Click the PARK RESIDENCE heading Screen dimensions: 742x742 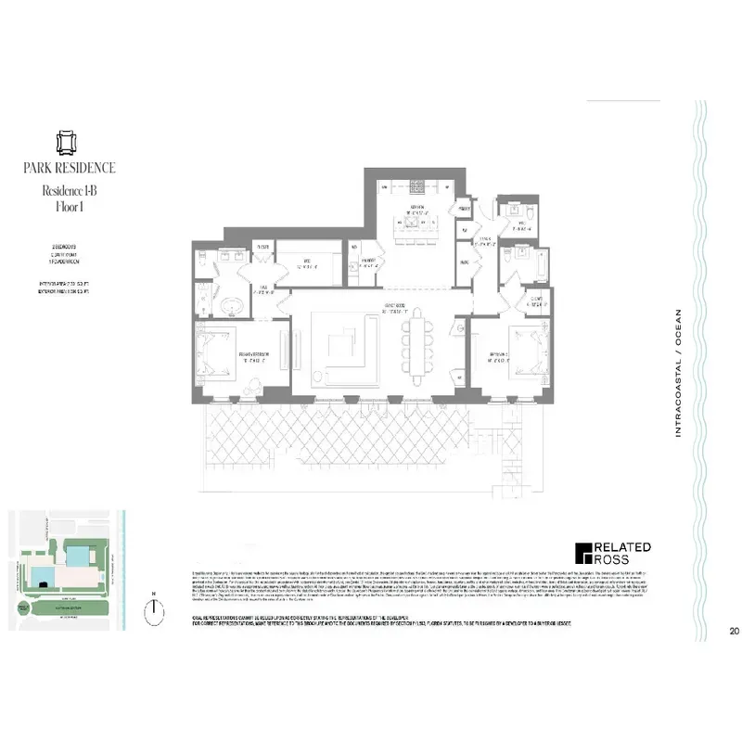pyautogui.click(x=70, y=168)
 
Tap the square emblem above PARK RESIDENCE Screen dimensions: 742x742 pyautogui.click(x=70, y=143)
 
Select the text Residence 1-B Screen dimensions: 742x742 pyautogui.click(x=70, y=190)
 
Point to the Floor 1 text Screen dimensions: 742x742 pyautogui.click(x=70, y=207)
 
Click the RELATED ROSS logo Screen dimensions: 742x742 pyautogui.click(x=611, y=554)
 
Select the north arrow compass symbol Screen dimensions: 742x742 pyautogui.click(x=154, y=609)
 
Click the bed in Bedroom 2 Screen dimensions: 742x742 pyautogui.click(x=525, y=350)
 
